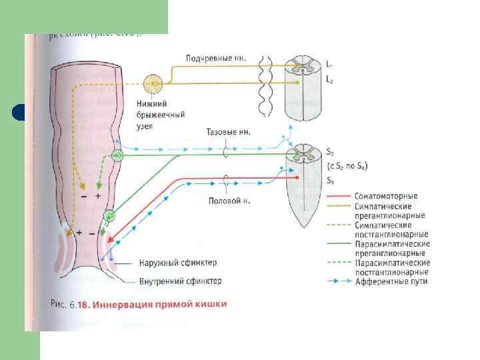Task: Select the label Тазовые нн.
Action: click(229, 132)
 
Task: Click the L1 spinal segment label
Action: click(329, 64)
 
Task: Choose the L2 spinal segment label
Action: click(329, 79)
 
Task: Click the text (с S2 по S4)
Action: click(347, 166)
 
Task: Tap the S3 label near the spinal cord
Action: click(330, 181)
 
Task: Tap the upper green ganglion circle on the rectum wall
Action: click(117, 155)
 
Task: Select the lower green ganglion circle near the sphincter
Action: click(109, 216)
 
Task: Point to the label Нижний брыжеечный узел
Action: click(151, 114)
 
